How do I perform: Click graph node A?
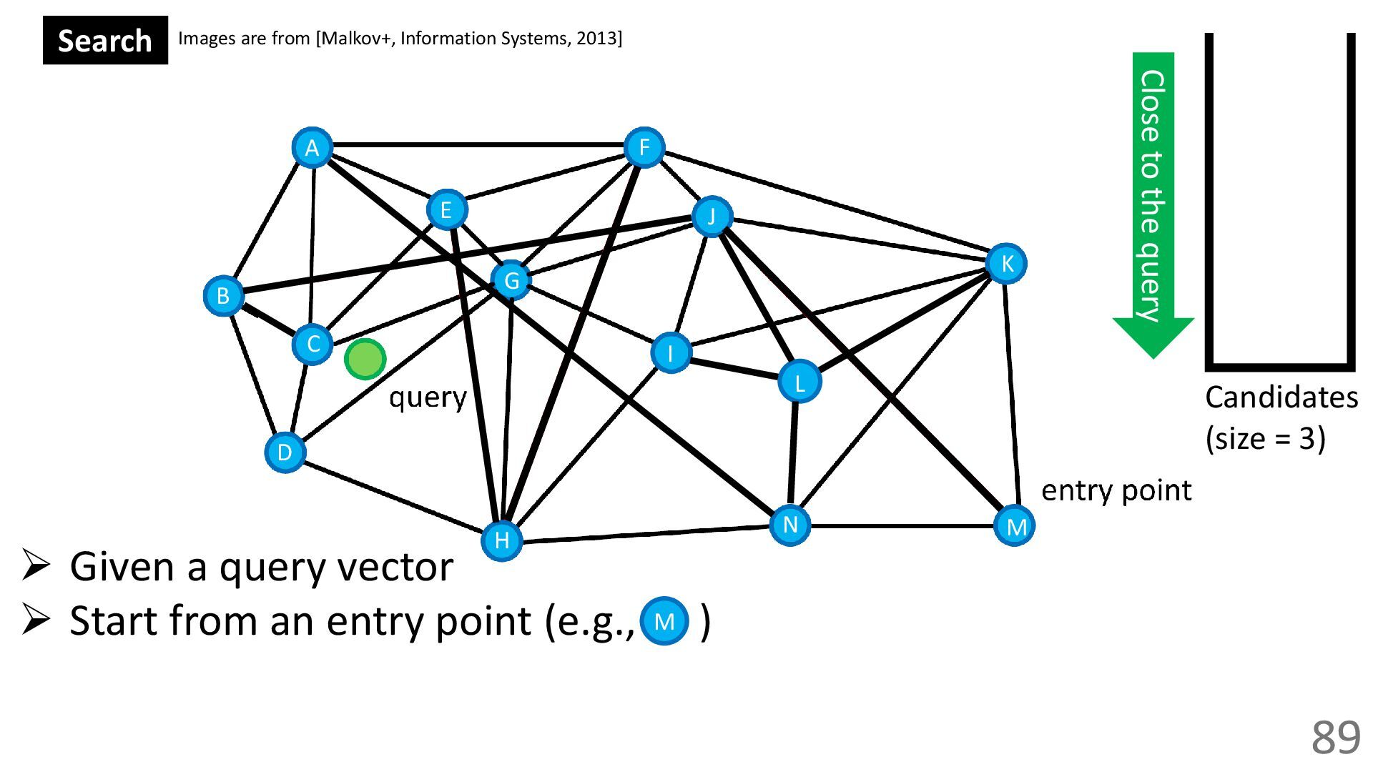pos(312,148)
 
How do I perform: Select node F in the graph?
pos(644,148)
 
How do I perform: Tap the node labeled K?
pos(1006,264)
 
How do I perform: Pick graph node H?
pos(502,540)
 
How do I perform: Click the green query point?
pos(365,359)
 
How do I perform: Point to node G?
pos(511,280)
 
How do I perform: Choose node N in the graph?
pos(790,525)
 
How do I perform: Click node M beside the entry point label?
pos(1015,526)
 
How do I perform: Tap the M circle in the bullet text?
pos(664,621)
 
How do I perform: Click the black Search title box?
pos(105,41)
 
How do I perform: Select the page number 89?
pos(1335,737)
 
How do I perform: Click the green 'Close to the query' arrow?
pos(1153,200)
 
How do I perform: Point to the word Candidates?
pos(1281,397)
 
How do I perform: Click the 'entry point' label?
pos(1116,490)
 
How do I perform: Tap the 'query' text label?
pos(428,397)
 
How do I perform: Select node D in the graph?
pos(285,452)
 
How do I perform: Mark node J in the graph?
pos(712,216)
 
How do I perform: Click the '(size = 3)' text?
pos(1265,438)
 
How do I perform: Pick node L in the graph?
pos(799,382)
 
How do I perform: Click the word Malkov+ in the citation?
pos(357,38)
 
